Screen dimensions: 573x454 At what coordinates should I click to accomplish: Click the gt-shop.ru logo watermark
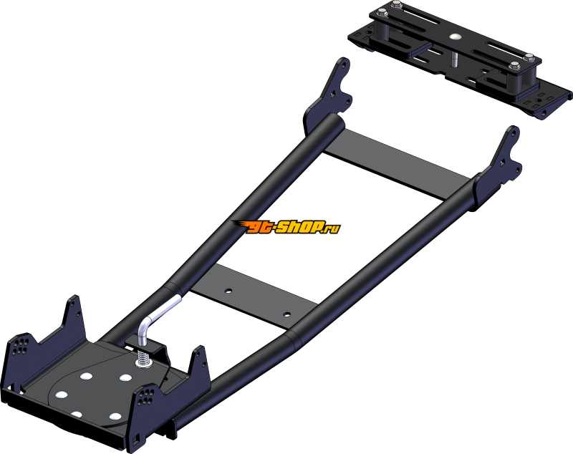(x=286, y=227)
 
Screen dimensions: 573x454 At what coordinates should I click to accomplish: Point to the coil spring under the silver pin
(x=144, y=357)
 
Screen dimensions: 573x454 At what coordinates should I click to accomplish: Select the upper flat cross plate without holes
(x=397, y=165)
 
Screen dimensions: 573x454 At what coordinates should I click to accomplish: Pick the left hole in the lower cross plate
(x=228, y=291)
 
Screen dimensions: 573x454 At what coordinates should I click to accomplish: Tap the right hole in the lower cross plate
(x=287, y=314)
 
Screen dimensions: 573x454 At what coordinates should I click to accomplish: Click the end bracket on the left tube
(x=329, y=96)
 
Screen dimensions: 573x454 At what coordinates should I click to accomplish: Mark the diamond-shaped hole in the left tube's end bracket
(x=333, y=95)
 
